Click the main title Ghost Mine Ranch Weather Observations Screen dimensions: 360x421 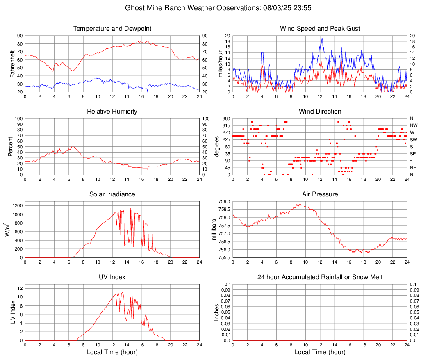(x=210, y=7)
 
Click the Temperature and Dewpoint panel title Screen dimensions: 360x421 (x=112, y=29)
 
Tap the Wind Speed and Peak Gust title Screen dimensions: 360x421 (x=320, y=29)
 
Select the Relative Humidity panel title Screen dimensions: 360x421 (x=112, y=112)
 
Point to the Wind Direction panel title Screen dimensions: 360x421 (x=320, y=112)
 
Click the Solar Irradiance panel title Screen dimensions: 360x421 (x=112, y=194)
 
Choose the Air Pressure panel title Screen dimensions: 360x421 (x=320, y=194)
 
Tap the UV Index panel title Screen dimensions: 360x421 (x=112, y=277)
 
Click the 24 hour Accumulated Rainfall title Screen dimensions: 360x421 (x=320, y=277)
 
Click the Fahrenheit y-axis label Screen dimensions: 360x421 (x=13, y=64)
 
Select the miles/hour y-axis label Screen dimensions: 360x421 (x=220, y=64)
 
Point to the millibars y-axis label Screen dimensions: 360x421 (x=214, y=230)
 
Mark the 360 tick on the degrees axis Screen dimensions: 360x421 (x=225, y=118)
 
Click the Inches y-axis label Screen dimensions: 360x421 (x=217, y=312)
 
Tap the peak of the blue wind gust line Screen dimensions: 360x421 (x=322, y=39)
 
